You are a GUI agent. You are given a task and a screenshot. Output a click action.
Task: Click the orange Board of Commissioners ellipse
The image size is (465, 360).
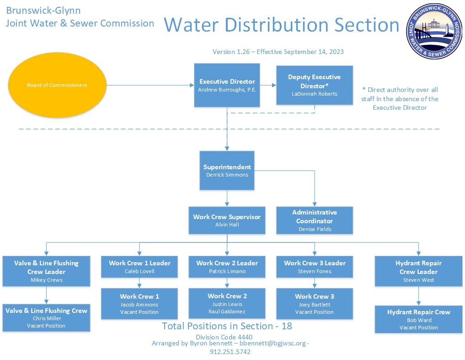57,85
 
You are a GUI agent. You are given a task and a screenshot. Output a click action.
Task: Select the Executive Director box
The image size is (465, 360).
227,85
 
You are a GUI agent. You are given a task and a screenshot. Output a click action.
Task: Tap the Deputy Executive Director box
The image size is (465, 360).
315,85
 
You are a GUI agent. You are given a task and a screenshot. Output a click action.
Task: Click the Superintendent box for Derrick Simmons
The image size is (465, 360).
227,170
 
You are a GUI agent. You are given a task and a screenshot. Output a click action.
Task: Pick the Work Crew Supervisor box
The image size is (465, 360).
227,220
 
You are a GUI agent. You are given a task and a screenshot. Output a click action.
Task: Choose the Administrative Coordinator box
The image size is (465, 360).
315,220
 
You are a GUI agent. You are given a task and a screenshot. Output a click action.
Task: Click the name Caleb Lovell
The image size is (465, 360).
139,271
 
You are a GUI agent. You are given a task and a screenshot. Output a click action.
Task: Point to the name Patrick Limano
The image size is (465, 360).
227,271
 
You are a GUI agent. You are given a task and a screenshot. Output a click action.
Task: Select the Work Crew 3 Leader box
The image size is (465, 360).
315,267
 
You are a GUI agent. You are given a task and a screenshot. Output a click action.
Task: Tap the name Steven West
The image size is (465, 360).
418,280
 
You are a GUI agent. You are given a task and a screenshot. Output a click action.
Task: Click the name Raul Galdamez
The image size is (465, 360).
227,312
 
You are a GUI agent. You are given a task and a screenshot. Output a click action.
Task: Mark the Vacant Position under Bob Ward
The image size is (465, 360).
418,328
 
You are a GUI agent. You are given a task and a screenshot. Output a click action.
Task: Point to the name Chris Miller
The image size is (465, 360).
47,318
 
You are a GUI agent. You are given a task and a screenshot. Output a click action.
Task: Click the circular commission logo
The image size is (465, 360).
434,31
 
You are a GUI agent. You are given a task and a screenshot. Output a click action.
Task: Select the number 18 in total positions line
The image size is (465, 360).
287,326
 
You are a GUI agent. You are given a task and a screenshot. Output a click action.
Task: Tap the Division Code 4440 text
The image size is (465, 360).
224,337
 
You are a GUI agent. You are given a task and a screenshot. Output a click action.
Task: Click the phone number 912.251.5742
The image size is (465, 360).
230,352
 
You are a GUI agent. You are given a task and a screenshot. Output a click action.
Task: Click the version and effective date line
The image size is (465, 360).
278,52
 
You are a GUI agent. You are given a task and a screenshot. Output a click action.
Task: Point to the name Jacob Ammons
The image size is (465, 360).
139,305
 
